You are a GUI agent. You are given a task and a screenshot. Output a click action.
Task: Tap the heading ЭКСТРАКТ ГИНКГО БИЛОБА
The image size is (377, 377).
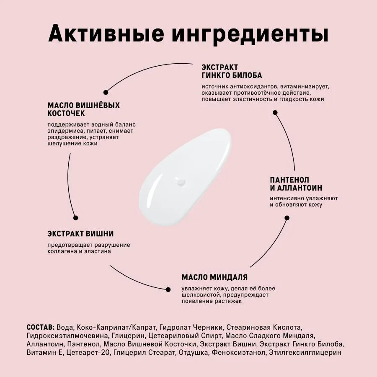click(x=232, y=71)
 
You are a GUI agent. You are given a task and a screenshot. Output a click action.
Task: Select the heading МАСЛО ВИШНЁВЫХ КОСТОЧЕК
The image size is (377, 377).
click(x=83, y=109)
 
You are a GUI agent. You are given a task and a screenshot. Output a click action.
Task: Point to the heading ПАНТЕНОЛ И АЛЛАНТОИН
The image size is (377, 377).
click(x=296, y=183)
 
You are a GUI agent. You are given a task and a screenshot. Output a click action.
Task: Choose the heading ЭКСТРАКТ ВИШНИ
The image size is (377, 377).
click(x=80, y=233)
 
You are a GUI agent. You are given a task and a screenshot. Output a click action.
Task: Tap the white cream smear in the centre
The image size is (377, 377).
click(x=184, y=176)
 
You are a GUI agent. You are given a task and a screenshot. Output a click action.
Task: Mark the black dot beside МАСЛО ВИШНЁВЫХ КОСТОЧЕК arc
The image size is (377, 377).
click(x=106, y=92)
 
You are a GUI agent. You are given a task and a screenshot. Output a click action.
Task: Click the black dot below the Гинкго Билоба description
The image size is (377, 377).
click(x=275, y=112)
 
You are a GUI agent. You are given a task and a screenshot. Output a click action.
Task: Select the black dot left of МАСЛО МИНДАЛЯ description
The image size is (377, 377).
click(x=168, y=289)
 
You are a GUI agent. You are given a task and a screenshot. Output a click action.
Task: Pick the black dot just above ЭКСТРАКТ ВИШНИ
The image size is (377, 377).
click(x=76, y=217)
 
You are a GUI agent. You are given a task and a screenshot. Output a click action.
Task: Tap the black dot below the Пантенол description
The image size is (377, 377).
click(x=287, y=217)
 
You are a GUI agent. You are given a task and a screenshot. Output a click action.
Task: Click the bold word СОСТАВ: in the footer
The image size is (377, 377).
click(x=40, y=327)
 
